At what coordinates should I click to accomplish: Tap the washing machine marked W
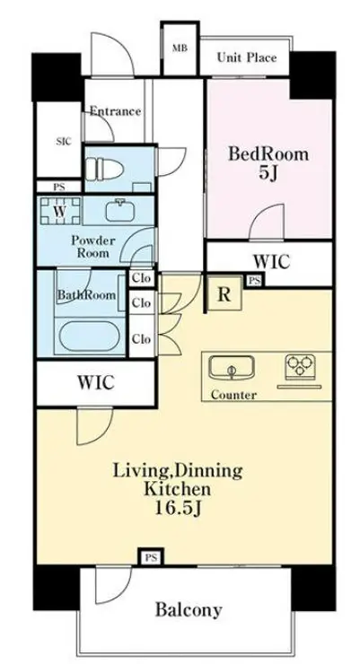click(x=60, y=211)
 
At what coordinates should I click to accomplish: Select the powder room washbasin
click(x=122, y=210)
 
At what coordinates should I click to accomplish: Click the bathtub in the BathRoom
click(x=90, y=336)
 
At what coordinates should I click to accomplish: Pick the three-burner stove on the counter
click(x=300, y=364)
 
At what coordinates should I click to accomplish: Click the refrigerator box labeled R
click(x=224, y=293)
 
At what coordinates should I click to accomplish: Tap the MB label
click(x=180, y=48)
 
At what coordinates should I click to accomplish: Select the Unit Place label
click(x=247, y=57)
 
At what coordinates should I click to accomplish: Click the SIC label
click(x=64, y=142)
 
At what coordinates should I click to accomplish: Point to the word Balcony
click(x=189, y=610)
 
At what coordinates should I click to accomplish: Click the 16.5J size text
click(x=177, y=508)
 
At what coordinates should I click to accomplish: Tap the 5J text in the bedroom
click(x=268, y=173)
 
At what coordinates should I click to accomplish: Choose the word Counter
click(x=233, y=395)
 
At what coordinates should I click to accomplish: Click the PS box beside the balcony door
click(x=151, y=557)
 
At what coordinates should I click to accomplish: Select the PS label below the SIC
click(x=59, y=188)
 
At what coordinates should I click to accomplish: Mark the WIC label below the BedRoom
click(x=271, y=262)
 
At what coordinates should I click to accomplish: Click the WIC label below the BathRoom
click(x=96, y=382)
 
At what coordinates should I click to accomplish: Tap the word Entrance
click(x=115, y=111)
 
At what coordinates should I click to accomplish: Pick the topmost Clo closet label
click(x=141, y=279)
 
